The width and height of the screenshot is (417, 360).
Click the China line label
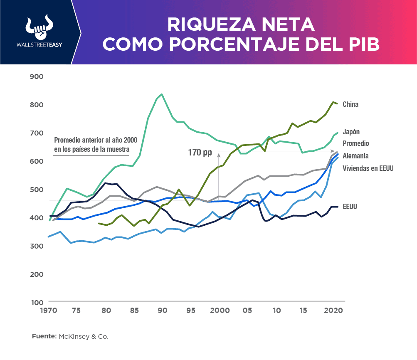click(x=350, y=104)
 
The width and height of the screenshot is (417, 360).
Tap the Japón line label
click(x=351, y=132)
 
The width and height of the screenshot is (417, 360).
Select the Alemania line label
click(x=355, y=156)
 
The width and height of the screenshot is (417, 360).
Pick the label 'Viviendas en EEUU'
click(x=368, y=168)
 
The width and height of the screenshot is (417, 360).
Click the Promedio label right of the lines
click(x=355, y=143)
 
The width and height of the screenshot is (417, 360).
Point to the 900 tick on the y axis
click(x=37, y=76)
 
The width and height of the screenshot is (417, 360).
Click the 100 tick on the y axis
click(x=37, y=302)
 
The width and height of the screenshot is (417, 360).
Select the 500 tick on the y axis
click(x=37, y=190)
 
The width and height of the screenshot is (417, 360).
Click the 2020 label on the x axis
click(x=333, y=311)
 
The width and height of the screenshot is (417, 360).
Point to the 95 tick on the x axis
click(x=191, y=311)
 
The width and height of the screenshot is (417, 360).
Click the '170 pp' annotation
click(x=200, y=153)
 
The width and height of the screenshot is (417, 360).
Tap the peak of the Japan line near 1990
click(x=162, y=94)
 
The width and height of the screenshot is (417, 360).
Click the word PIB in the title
click(x=365, y=44)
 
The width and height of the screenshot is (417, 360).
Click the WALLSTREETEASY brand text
click(x=38, y=45)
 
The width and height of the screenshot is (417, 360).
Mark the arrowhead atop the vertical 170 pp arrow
click(x=218, y=154)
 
